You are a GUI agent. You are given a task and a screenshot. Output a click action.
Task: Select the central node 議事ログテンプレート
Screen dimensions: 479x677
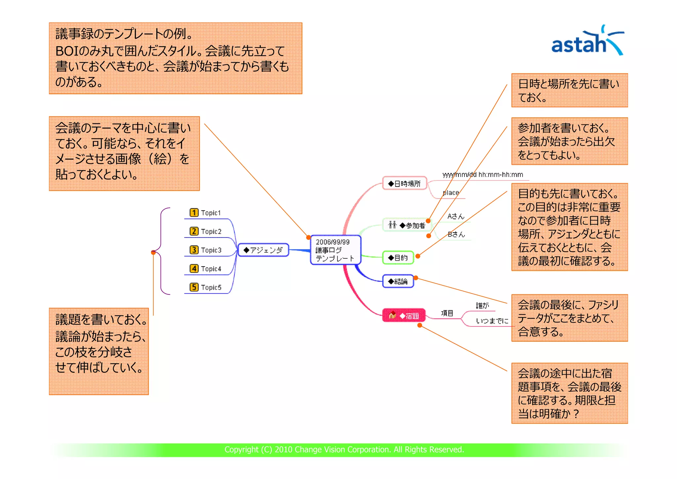pyautogui.click(x=335, y=250)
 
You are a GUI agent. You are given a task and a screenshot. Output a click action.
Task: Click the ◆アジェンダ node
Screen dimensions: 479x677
pyautogui.click(x=263, y=250)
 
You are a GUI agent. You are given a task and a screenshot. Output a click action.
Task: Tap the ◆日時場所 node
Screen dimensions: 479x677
pyautogui.click(x=404, y=184)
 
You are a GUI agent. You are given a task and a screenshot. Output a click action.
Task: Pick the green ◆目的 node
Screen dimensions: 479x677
pyautogui.click(x=398, y=258)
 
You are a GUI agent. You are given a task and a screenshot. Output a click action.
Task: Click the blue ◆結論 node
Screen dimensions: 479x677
pyautogui.click(x=398, y=281)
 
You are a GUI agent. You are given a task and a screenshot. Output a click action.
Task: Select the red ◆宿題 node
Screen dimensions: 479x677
pyautogui.click(x=404, y=316)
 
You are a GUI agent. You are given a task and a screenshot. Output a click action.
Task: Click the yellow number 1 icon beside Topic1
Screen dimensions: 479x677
pyautogui.click(x=194, y=212)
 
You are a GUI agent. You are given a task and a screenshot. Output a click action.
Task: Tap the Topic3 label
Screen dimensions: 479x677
pyautogui.click(x=211, y=250)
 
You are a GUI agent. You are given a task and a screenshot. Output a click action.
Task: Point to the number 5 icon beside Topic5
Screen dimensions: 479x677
pyautogui.click(x=194, y=287)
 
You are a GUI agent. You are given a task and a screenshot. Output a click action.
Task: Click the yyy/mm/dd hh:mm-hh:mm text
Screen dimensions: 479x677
pyautogui.click(x=483, y=175)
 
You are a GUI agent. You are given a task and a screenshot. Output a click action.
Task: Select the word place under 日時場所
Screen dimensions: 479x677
pyautogui.click(x=451, y=193)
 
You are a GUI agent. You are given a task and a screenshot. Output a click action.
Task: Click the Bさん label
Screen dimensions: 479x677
pyautogui.click(x=456, y=234)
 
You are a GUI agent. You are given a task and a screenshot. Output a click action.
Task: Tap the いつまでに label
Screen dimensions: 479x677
pyautogui.click(x=492, y=321)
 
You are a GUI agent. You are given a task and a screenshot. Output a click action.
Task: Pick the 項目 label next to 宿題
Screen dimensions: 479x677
pyautogui.click(x=447, y=313)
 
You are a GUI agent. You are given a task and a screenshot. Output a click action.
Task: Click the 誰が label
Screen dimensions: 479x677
pyautogui.click(x=482, y=305)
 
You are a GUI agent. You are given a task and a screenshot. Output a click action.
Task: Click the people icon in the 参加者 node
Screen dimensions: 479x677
pyautogui.click(x=392, y=225)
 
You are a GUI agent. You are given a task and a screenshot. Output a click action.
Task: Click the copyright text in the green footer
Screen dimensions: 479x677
pyautogui.click(x=344, y=450)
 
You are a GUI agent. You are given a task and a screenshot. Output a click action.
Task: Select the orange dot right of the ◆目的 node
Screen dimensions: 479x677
pyautogui.click(x=418, y=256)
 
